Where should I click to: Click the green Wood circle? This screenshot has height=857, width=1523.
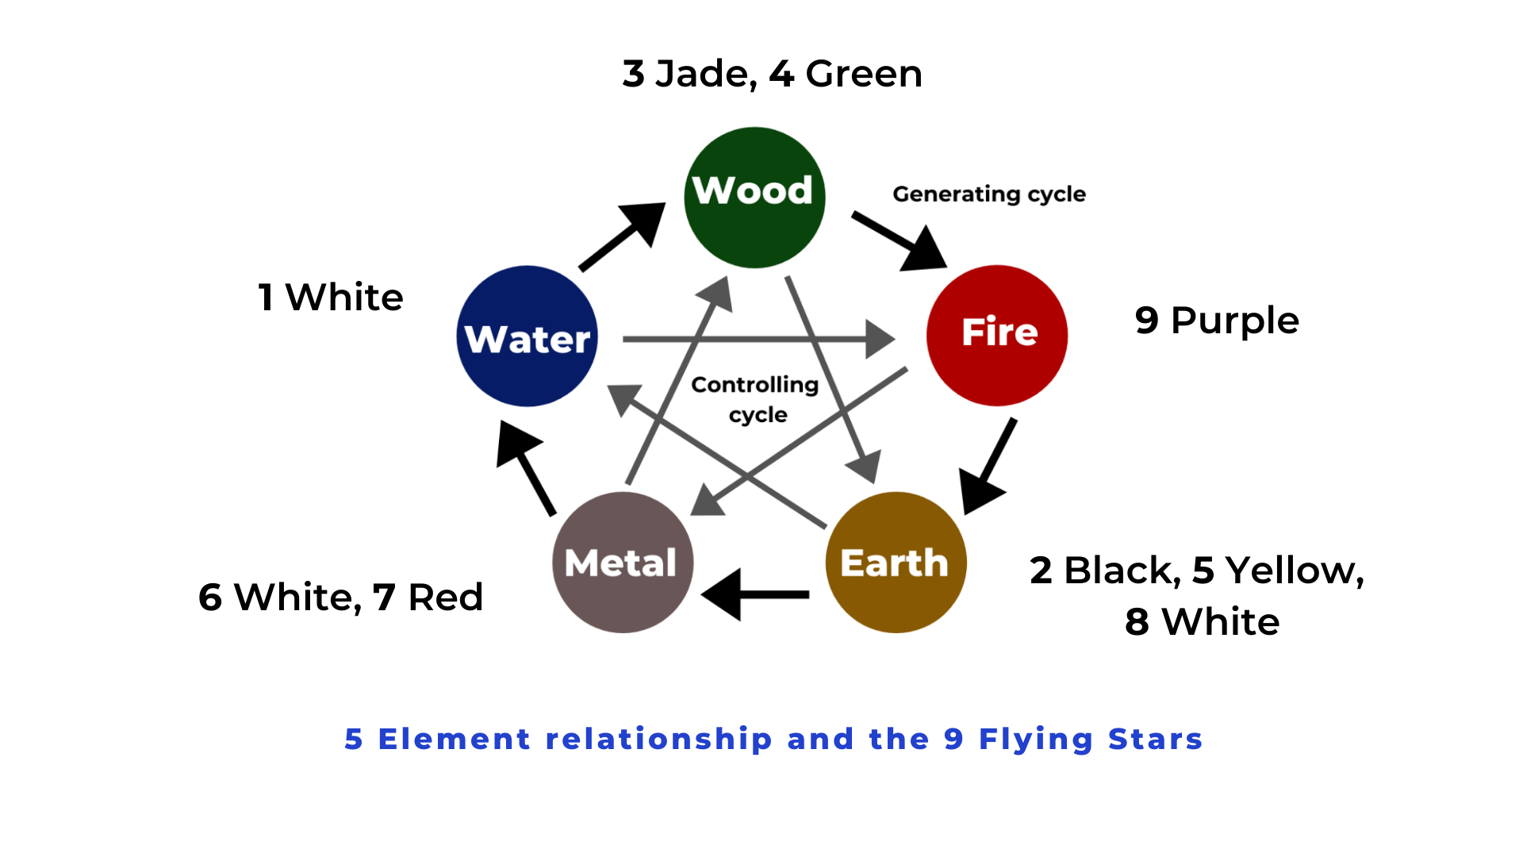pyautogui.click(x=754, y=198)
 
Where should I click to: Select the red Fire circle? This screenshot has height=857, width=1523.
pyautogui.click(x=997, y=335)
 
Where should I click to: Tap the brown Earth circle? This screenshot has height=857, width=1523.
pyautogui.click(x=896, y=562)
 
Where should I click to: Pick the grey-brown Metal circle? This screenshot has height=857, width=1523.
pyautogui.click(x=623, y=562)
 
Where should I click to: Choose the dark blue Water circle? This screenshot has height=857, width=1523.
pyautogui.click(x=527, y=336)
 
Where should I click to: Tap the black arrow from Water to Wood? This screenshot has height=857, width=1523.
pyautogui.click(x=623, y=236)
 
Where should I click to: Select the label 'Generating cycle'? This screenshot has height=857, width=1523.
pyautogui.click(x=988, y=194)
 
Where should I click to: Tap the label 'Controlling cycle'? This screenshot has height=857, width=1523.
pyautogui.click(x=755, y=399)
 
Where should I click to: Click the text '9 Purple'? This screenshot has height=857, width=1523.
pyautogui.click(x=1216, y=321)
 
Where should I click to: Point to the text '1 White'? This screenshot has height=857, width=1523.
pyautogui.click(x=331, y=298)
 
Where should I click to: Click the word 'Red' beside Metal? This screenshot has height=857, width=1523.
pyautogui.click(x=445, y=598)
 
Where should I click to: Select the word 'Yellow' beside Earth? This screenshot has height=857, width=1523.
pyautogui.click(x=1293, y=571)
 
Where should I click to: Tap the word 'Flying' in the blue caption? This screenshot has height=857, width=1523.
pyautogui.click(x=1035, y=740)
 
